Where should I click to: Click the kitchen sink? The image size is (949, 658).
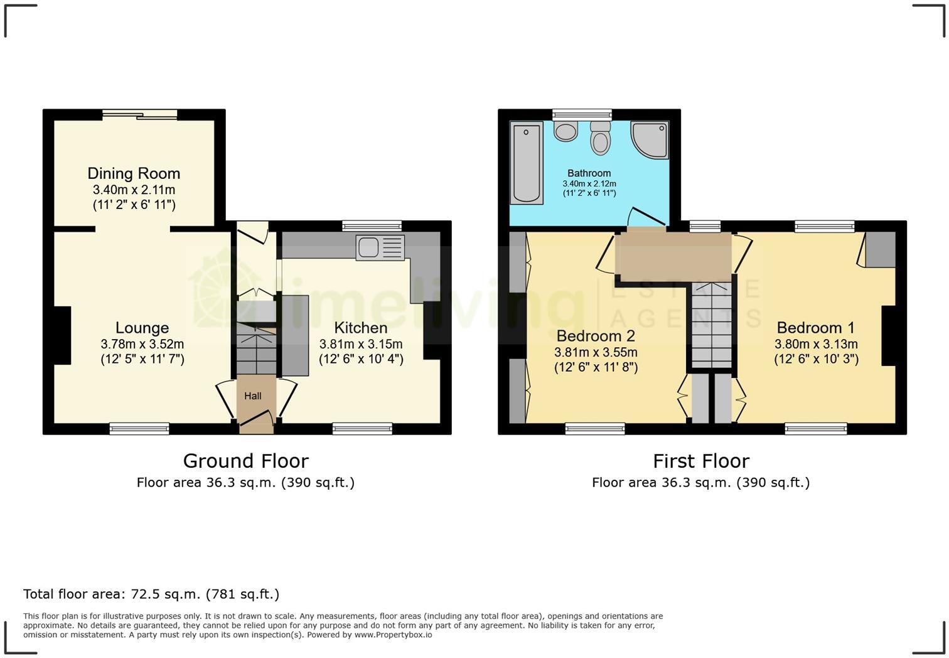pos(380,247)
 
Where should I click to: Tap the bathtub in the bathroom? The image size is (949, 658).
pos(527,163)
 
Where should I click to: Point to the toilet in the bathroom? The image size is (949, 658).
pos(601,138)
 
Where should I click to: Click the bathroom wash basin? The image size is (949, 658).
pos(567,132)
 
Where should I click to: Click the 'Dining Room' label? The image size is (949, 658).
pos(134,173)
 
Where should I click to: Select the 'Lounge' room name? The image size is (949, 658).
pos(142,328)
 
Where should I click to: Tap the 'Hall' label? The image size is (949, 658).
pos(253,396)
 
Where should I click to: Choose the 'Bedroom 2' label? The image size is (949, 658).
pos(596,336)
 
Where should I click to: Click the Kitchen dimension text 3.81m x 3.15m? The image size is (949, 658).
pos(361,344)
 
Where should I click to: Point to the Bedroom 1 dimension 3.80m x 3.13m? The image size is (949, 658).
pos(816,344)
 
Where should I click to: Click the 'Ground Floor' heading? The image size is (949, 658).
pos(246,461)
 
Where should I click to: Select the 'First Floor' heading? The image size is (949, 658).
pos(701,461)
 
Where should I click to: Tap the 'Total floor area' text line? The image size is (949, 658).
pos(151,594)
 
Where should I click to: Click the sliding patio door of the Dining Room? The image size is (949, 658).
pos(140,114)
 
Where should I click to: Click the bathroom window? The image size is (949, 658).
pos(582,114)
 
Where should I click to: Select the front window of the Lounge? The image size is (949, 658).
pos(139,429)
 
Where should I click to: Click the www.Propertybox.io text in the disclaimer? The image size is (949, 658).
pos(393,635)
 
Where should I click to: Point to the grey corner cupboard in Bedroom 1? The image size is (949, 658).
pos(880,249)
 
